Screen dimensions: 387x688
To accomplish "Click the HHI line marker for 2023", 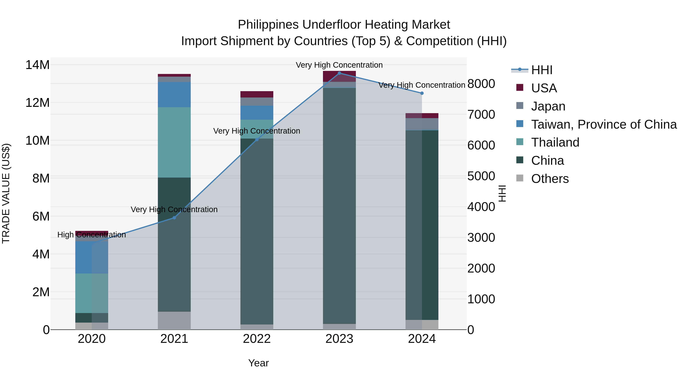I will [x=339, y=73].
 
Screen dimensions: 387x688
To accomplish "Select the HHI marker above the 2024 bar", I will [x=422, y=93].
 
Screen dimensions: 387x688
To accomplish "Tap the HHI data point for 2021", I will [x=174, y=218].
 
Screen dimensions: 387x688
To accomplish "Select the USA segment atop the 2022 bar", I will [x=257, y=94].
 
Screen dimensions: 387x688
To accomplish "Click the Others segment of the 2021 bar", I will [x=174, y=320].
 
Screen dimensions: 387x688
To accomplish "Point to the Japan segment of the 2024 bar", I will [x=422, y=124].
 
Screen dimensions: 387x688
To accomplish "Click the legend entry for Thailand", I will [x=555, y=142].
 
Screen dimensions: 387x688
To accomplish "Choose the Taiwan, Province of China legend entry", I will [x=604, y=124].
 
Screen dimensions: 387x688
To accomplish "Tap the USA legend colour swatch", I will [x=519, y=88].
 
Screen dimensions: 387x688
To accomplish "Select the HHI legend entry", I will [x=541, y=70].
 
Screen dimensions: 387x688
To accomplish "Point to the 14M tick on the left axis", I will [x=37, y=65].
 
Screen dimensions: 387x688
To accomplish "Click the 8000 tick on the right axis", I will [x=481, y=84].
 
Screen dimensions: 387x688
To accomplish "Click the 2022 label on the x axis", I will [x=257, y=339].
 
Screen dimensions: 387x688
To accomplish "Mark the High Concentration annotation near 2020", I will [x=92, y=235].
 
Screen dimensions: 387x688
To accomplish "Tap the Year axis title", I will [x=258, y=363].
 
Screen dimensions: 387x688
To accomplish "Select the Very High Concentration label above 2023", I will [x=339, y=65].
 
